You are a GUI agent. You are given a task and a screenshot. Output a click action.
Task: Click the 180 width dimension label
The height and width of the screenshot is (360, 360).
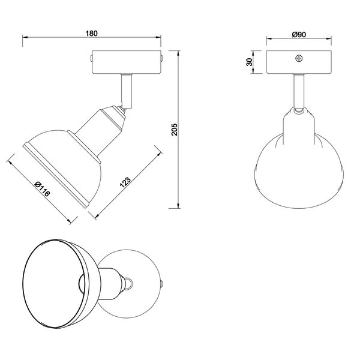pos(92,34)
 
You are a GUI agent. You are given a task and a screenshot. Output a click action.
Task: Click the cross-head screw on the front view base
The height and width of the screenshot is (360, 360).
pos(298,59)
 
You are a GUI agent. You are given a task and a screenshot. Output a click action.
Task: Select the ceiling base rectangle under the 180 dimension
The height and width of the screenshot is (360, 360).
pos(127,62)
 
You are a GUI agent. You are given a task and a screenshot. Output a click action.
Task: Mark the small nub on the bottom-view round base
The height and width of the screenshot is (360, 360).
pos(162,282)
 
